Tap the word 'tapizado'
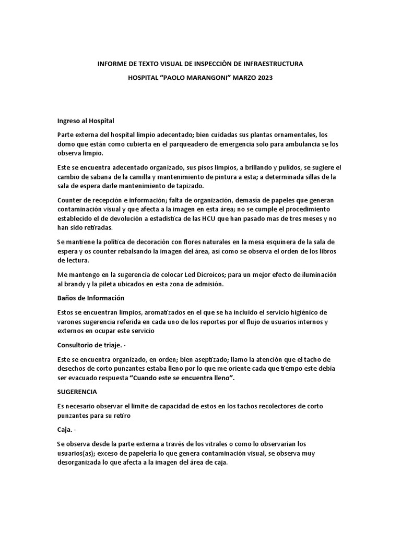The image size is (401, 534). (190, 186)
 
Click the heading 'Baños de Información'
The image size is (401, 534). (91, 298)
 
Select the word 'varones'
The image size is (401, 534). (70, 322)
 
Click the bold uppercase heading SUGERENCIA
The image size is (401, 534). (77, 392)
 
